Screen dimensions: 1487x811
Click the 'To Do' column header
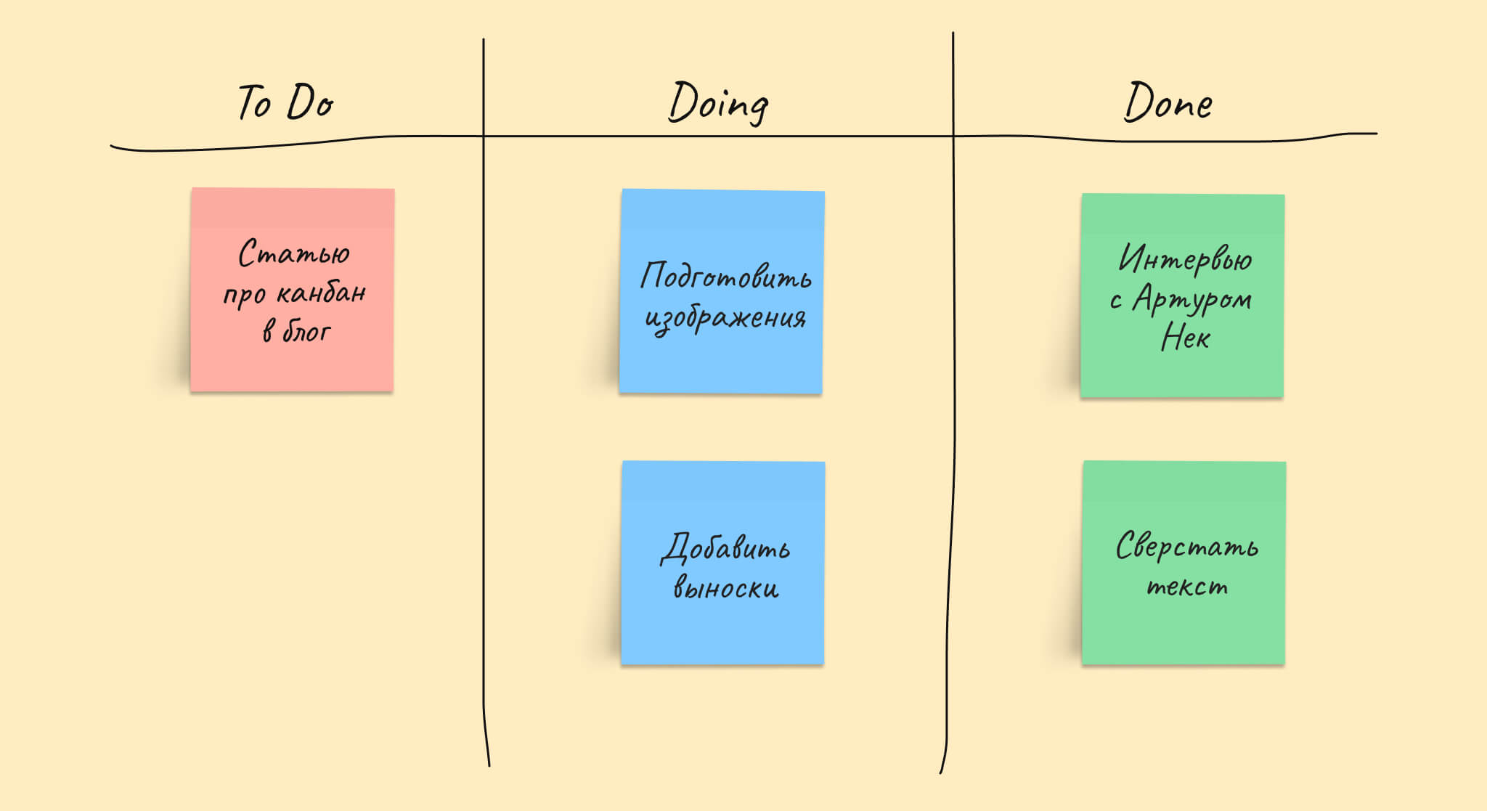[286, 102]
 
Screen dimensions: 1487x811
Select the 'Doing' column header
[718, 103]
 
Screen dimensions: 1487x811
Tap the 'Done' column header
[1168, 102]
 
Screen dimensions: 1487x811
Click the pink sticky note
[292, 290]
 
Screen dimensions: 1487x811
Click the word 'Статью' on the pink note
[294, 253]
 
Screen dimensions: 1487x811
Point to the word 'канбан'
[321, 293]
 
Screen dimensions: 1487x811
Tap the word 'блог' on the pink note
[306, 332]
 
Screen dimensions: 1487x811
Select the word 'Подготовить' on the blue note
[725, 275]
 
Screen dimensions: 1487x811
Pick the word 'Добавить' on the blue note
[725, 547]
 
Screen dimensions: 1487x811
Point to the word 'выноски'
[725, 586]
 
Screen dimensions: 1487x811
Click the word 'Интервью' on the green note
[1185, 259]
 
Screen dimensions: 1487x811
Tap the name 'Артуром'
[1192, 298]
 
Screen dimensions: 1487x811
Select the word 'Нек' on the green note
[1185, 337]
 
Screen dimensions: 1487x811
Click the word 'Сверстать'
[1186, 546]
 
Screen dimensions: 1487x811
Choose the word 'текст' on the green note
[1187, 586]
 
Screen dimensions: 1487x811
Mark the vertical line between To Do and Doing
[484, 402]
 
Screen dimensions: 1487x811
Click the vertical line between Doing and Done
[950, 402]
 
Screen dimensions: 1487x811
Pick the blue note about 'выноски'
[723, 563]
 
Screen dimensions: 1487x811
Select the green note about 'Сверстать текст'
[1184, 563]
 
